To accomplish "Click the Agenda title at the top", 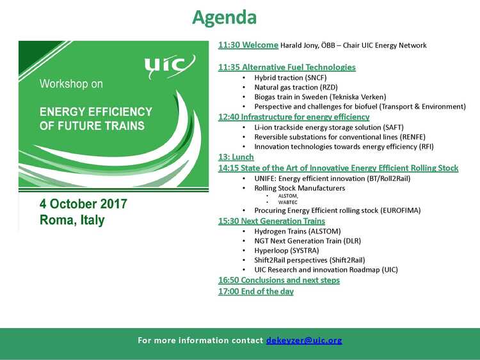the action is (225, 18).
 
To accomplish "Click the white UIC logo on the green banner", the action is (170, 67).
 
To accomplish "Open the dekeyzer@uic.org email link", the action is (304, 340).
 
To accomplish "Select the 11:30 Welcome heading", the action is (248, 45).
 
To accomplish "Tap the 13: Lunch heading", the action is (236, 157).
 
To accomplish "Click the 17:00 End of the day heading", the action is (256, 291).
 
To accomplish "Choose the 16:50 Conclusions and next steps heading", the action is (279, 280).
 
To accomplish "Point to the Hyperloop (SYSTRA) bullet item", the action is (287, 251).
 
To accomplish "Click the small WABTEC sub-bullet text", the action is (288, 202).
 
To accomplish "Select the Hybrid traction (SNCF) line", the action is (291, 77).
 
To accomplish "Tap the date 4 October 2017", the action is (83, 204).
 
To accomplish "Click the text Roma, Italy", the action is (72, 220).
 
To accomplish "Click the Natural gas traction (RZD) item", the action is (296, 88).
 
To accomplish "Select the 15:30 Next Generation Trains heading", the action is (271, 221).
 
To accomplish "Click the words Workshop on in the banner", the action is (71, 84).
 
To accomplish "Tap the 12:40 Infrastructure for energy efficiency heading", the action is (294, 117).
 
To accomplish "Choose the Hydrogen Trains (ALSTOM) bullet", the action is (298, 231).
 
